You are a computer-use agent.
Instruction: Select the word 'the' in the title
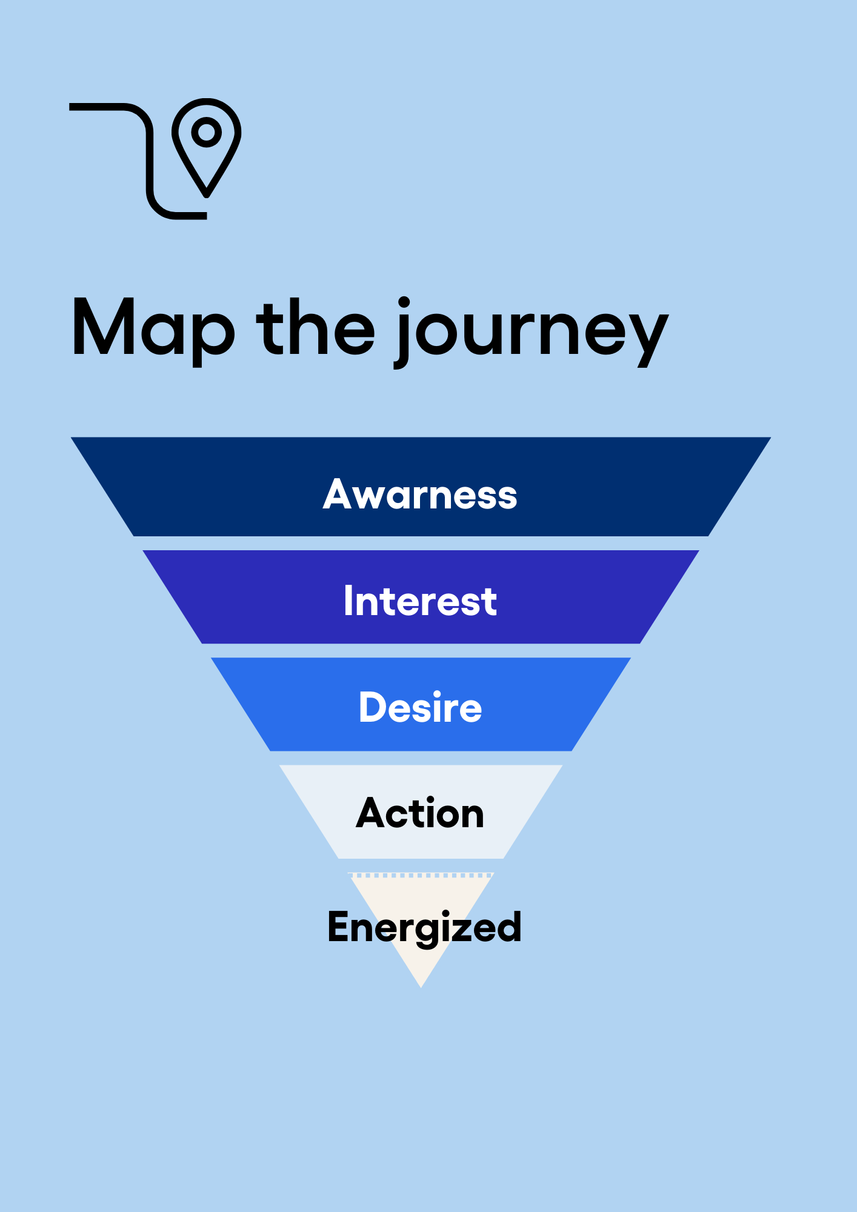point(316,327)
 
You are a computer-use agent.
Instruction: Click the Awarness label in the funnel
point(420,494)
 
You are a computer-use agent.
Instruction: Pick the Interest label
point(420,601)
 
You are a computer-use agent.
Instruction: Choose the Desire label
point(420,707)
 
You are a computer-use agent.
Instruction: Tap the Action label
point(420,813)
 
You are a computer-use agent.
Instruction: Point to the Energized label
point(424,927)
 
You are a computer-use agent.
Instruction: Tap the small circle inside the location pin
point(207,132)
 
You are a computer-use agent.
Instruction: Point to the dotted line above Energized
point(421,875)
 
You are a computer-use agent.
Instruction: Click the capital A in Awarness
point(338,494)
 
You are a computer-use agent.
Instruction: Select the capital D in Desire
point(374,707)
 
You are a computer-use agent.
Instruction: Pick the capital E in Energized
point(341,927)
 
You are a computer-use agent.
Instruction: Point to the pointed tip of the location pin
point(207,194)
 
